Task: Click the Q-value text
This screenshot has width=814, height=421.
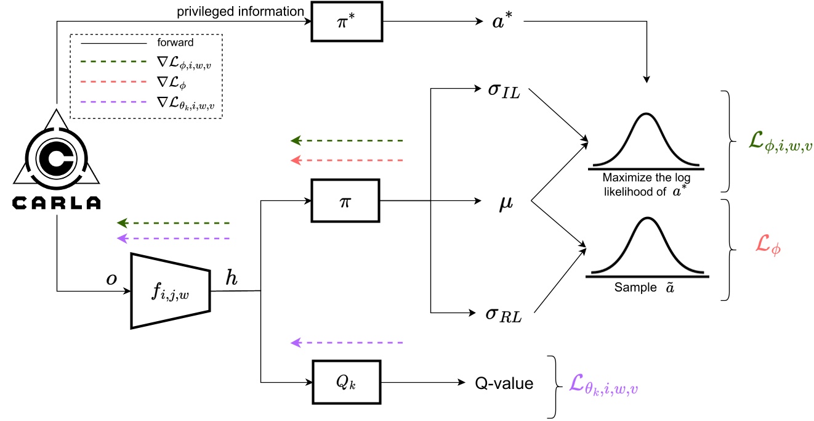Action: pyautogui.click(x=504, y=383)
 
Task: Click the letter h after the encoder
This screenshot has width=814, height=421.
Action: pyautogui.click(x=232, y=279)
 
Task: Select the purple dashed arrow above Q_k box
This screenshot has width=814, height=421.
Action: pyautogui.click(x=346, y=342)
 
